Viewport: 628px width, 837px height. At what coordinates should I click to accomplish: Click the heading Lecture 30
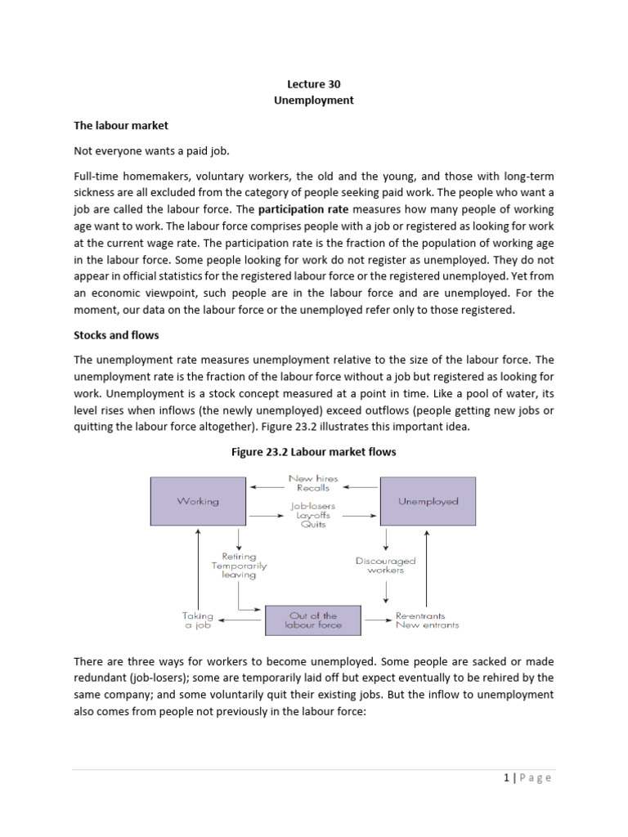(x=313, y=83)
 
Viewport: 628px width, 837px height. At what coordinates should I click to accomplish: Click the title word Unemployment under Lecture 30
(x=313, y=101)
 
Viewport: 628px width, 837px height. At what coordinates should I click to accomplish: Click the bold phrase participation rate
(x=303, y=208)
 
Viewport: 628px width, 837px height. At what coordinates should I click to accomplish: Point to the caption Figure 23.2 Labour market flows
(x=313, y=452)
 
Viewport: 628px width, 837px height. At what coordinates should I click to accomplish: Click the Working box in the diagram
(x=197, y=501)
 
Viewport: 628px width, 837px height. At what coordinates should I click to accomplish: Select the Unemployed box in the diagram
(x=428, y=501)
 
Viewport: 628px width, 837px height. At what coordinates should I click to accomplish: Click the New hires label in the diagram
(x=313, y=478)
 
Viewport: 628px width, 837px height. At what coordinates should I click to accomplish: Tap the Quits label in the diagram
(x=313, y=525)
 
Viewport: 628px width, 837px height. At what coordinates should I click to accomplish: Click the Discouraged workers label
(x=385, y=566)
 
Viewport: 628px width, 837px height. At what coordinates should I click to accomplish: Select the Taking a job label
(x=197, y=620)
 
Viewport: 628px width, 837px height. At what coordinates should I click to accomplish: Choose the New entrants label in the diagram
(x=427, y=625)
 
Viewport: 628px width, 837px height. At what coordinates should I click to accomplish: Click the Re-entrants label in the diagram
(x=420, y=615)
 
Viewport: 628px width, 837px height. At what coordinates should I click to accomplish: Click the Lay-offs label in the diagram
(x=313, y=515)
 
